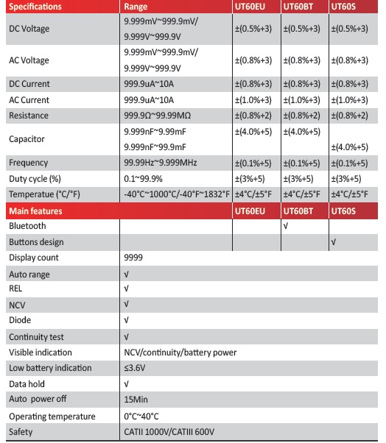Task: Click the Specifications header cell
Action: [x=35, y=7]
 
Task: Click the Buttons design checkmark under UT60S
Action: [x=334, y=241]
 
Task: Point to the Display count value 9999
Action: [x=133, y=258]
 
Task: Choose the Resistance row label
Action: [x=29, y=116]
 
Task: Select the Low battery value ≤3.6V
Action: [x=136, y=368]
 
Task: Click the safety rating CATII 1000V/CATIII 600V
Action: [x=172, y=432]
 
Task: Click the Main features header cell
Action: [x=35, y=211]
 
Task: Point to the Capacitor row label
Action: [x=27, y=139]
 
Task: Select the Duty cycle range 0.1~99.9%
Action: [x=147, y=179]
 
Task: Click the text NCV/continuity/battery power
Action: [x=180, y=352]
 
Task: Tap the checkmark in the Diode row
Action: [x=127, y=320]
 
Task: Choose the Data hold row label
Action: [x=28, y=383]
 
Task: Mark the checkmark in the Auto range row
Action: [x=127, y=273]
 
